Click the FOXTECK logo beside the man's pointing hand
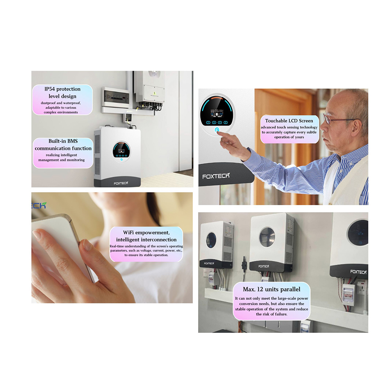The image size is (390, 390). pyautogui.click(x=216, y=176)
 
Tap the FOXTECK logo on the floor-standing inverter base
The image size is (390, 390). pyautogui.click(x=121, y=183)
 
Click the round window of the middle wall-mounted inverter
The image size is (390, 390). pyautogui.click(x=267, y=237)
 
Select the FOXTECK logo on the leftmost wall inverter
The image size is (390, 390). pyautogui.click(x=209, y=263)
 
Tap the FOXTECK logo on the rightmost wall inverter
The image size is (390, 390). pyautogui.click(x=358, y=272)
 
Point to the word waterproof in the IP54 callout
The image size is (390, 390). pyautogui.click(x=72, y=103)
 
